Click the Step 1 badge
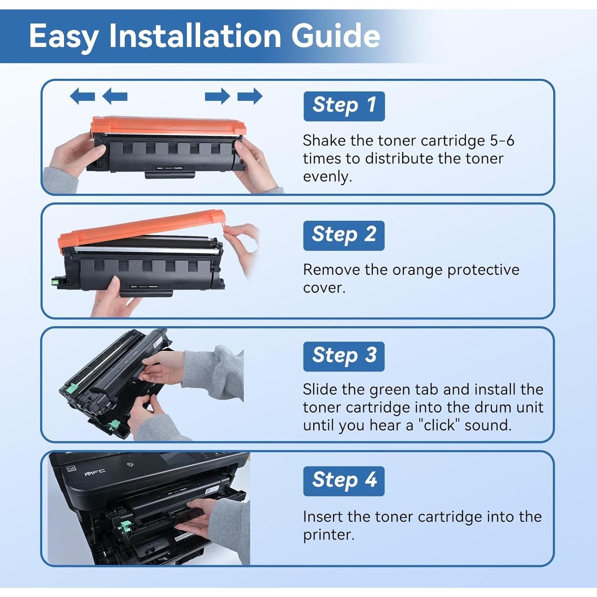pos(344,106)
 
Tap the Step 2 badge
pos(344,236)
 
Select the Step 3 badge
pos(344,357)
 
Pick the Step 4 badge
pos(344,481)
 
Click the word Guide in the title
pos(336,35)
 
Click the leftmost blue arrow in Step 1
pos(82,96)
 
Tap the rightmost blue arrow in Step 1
pos(250,96)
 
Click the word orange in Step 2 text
pos(418,271)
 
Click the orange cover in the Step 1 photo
pos(168,126)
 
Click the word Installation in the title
pos(195,35)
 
